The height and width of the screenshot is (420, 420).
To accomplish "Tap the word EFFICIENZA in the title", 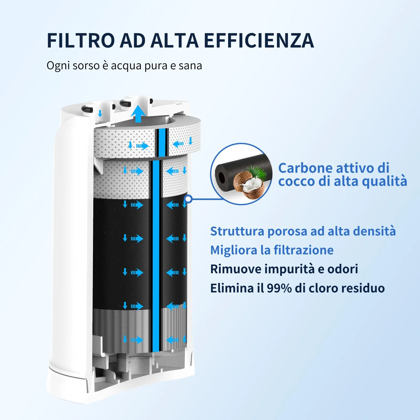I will (259, 41).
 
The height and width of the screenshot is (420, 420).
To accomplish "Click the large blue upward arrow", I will (138, 113).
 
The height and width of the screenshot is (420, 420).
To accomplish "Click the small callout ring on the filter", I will (188, 199).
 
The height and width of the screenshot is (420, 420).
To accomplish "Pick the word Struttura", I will (237, 231).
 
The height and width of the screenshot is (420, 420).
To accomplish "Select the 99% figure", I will (279, 288).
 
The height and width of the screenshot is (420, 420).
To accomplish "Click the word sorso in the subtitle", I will (86, 66).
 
